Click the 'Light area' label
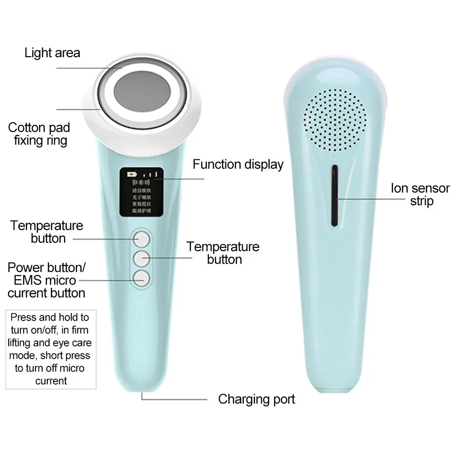click(x=52, y=53)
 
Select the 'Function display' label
click(x=238, y=164)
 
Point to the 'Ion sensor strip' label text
click(x=420, y=194)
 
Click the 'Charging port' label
click(x=257, y=400)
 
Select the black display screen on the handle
click(x=141, y=192)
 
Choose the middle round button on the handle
click(x=142, y=257)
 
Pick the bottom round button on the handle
click(x=142, y=277)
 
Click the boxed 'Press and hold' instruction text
click(x=50, y=349)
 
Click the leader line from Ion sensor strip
click(x=363, y=197)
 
